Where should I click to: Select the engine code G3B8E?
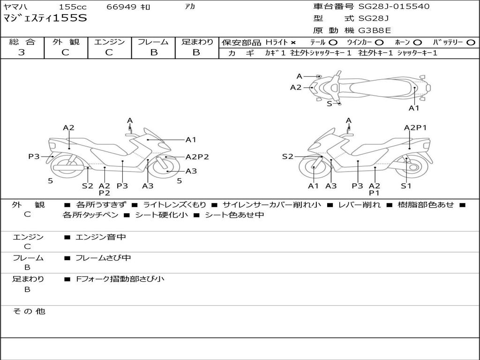tap(375, 31)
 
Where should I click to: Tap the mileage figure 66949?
tap(121, 7)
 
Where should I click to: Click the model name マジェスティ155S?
tap(45, 19)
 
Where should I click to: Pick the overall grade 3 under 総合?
tap(22, 52)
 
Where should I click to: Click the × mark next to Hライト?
tap(293, 43)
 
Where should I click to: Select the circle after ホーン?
tap(418, 43)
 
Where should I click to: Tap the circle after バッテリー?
tap(471, 43)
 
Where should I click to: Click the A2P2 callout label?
tap(197, 157)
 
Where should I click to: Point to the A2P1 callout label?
tap(415, 127)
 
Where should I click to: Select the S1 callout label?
tap(406, 186)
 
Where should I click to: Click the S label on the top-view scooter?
tap(330, 104)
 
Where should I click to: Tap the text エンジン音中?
tap(100, 237)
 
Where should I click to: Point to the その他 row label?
tap(29, 311)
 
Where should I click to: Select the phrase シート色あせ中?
tap(234, 215)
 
